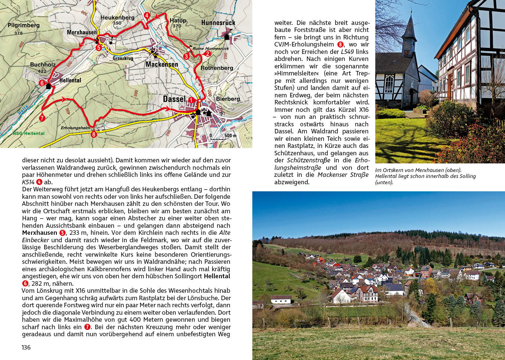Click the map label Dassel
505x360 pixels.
tap(174, 99)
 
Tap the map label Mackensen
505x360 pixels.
tap(162, 64)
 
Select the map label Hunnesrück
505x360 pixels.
tap(218, 23)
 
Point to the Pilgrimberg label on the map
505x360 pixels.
tap(23, 25)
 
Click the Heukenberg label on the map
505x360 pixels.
tap(117, 17)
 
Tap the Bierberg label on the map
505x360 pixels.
tap(228, 99)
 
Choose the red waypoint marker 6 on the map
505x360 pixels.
tap(42, 83)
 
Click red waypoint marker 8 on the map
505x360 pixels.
tap(94, 134)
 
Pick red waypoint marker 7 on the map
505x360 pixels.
tap(42, 118)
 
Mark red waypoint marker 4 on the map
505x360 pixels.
tap(147, 16)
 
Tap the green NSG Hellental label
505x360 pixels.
tap(29, 133)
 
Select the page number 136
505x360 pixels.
tap(26, 347)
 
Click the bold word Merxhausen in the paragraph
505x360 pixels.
tap(39, 233)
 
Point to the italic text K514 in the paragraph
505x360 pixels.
tap(28, 182)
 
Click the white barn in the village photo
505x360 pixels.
tap(281, 299)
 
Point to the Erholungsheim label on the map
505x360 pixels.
tap(75, 128)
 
